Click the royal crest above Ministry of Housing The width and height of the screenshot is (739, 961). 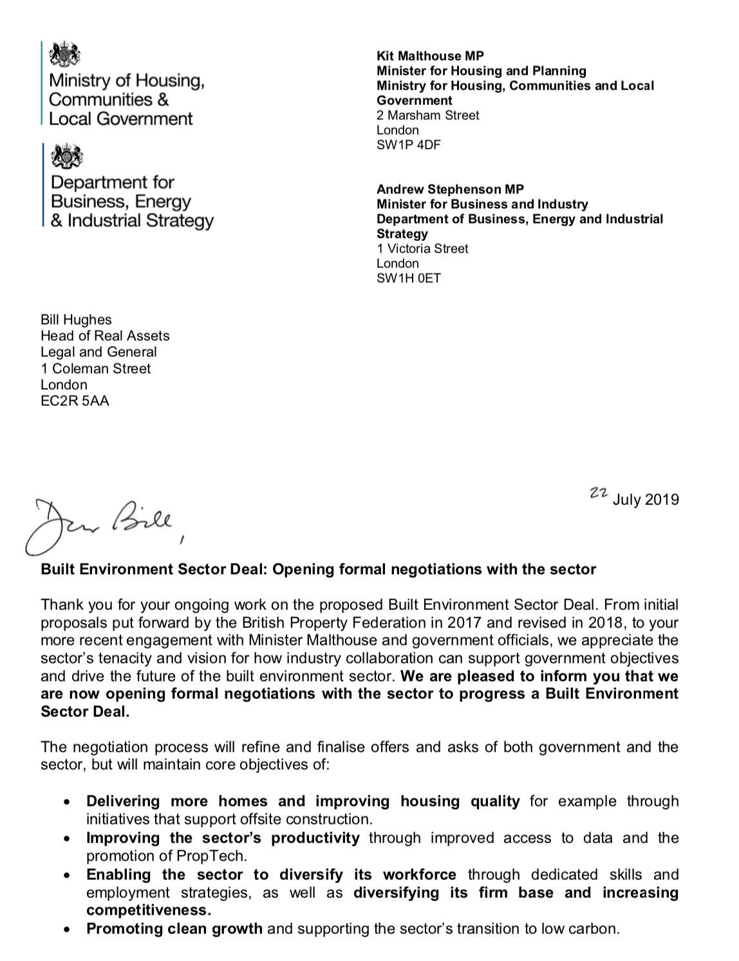pyautogui.click(x=64, y=54)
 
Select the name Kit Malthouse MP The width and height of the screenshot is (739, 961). pyautogui.click(x=430, y=56)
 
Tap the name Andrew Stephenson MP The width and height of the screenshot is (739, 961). pyautogui.click(x=450, y=189)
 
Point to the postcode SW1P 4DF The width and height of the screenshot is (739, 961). pyautogui.click(x=409, y=145)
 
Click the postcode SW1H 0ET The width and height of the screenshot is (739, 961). pyautogui.click(x=409, y=278)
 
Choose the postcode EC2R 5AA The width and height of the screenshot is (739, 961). pyautogui.click(x=75, y=401)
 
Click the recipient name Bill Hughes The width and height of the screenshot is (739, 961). pyautogui.click(x=76, y=320)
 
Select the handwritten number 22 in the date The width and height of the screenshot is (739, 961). pyautogui.click(x=599, y=493)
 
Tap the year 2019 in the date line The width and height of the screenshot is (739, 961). pyautogui.click(x=662, y=500)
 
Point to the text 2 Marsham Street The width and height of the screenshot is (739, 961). pyautogui.click(x=428, y=115)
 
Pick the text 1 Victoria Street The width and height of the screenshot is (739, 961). pyautogui.click(x=422, y=249)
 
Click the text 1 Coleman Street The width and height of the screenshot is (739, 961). pyautogui.click(x=95, y=368)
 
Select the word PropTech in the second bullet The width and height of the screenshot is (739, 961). pyautogui.click(x=218, y=856)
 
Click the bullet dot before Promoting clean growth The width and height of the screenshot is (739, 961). pyautogui.click(x=67, y=930)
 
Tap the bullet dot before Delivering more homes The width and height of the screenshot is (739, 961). pyautogui.click(x=67, y=803)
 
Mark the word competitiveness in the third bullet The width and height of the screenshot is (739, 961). pyautogui.click(x=148, y=911)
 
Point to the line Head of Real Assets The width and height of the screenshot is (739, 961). pyautogui.click(x=105, y=336)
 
